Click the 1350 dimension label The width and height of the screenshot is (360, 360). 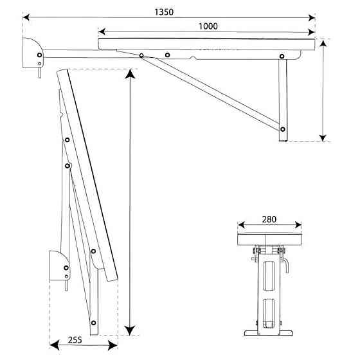[x=164, y=12]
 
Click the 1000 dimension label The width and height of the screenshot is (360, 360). [x=208, y=26]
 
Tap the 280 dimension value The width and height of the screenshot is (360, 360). [x=269, y=219]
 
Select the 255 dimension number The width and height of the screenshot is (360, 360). [x=75, y=340]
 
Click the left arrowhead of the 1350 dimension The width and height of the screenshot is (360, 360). [x=26, y=17]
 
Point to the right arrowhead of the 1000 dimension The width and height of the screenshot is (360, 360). [x=311, y=32]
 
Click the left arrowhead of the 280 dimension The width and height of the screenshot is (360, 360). [x=241, y=225]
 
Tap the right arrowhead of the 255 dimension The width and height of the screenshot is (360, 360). [x=113, y=346]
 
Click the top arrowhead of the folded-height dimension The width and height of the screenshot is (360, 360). [x=130, y=74]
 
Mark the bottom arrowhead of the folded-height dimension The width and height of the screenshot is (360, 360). [x=130, y=330]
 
